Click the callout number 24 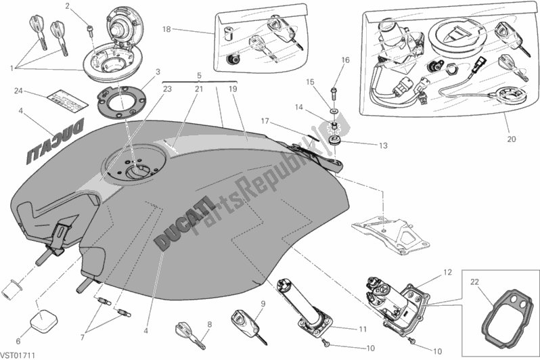(19, 91)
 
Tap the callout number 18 (167, 29)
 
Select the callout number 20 (511, 139)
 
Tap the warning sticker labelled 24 (66, 99)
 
